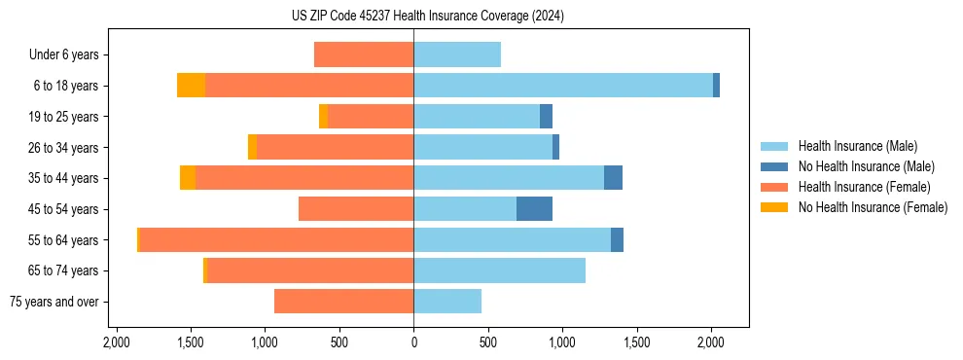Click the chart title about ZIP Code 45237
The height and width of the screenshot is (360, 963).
point(481,17)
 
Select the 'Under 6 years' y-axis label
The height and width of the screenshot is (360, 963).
point(69,55)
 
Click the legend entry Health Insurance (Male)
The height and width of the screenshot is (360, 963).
point(857,146)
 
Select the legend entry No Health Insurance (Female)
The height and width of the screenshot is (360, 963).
point(873,207)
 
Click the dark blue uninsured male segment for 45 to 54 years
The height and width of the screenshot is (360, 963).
point(534,209)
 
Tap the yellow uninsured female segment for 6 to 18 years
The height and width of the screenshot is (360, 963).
point(191,86)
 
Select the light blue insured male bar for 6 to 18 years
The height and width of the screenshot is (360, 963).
point(563,86)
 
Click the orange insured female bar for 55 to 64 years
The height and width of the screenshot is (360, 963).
point(277,240)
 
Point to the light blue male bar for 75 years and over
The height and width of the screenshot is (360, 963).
point(447,302)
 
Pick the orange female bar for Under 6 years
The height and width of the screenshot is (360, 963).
point(364,55)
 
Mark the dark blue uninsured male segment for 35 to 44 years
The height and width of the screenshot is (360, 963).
point(613,178)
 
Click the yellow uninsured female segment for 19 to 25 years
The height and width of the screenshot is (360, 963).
point(323,117)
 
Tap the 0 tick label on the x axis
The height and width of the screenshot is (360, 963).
point(413,342)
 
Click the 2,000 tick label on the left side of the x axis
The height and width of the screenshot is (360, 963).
point(116,342)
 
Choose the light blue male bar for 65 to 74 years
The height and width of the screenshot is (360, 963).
point(499,270)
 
